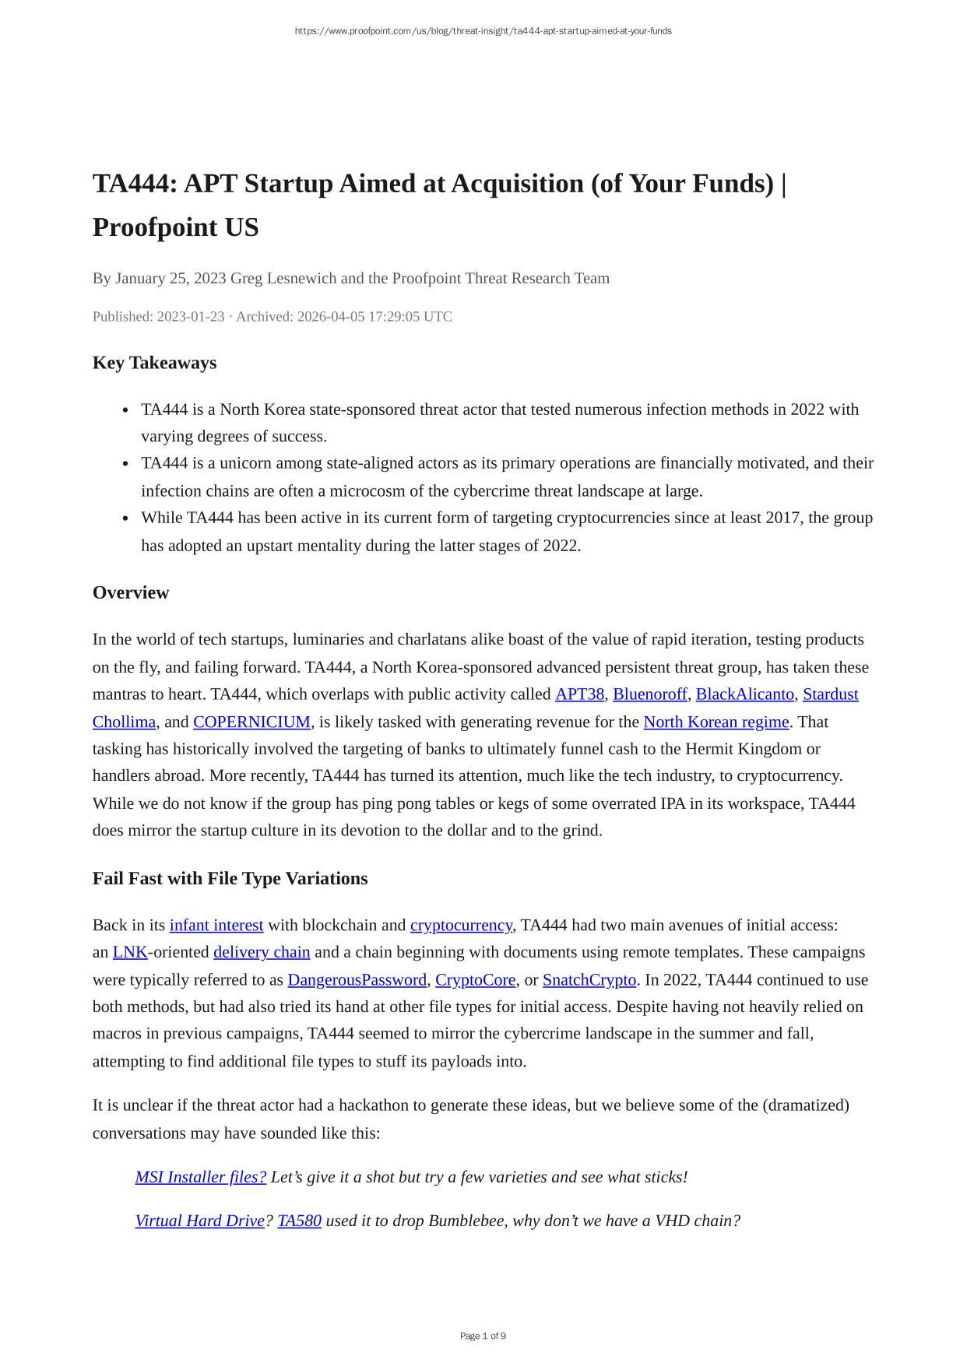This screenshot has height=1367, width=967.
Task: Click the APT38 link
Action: [579, 694]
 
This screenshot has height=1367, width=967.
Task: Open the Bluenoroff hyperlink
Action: [650, 694]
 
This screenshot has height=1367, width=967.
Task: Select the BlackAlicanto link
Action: [744, 694]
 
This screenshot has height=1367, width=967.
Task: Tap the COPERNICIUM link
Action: [251, 722]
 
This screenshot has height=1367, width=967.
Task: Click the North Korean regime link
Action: [716, 722]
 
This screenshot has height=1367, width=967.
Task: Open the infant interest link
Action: [216, 925]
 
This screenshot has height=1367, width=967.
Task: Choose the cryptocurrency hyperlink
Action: [461, 925]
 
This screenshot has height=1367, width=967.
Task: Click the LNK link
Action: [130, 952]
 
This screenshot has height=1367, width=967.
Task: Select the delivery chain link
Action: [262, 952]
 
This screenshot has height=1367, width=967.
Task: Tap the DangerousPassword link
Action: [357, 979]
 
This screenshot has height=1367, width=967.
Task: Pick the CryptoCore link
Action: [475, 979]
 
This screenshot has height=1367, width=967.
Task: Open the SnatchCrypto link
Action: [589, 979]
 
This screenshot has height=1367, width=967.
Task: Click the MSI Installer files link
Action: [201, 1177]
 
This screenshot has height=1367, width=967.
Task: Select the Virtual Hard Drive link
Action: [200, 1221]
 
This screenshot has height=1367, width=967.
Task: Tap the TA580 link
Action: [299, 1221]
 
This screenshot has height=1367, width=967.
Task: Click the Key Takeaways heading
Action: [154, 363]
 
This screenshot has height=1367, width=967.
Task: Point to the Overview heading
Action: [131, 592]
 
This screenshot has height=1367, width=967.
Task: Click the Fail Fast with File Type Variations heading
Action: [230, 878]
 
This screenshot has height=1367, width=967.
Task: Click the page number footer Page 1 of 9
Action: [483, 1336]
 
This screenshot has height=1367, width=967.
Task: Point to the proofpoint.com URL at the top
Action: [483, 31]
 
